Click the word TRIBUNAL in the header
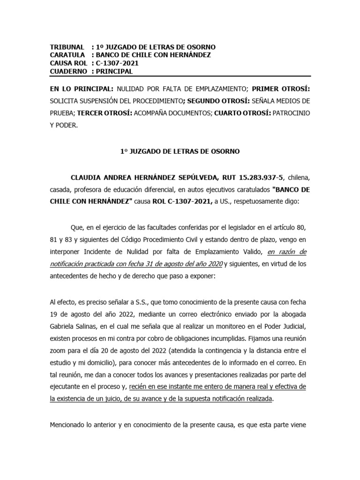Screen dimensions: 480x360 pos(67,47)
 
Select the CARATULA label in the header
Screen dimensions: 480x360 pos(67,55)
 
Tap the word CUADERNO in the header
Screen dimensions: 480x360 pos(68,71)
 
